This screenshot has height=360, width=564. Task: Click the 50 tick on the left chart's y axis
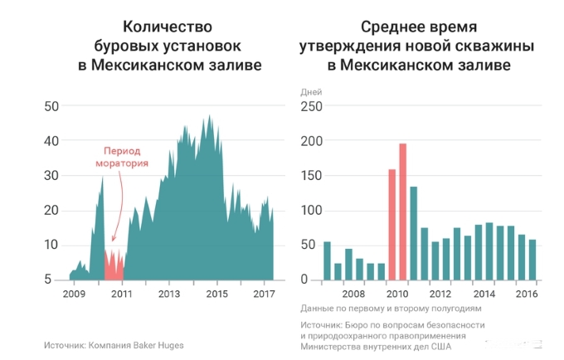pos(51,106)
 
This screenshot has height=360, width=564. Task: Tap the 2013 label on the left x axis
pos(169,294)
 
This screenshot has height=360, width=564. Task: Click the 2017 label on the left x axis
pos(264,294)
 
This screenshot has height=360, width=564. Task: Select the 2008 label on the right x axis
pos(353,294)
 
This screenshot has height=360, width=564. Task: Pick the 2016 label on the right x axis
pos(526,294)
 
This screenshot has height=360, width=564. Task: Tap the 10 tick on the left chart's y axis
pos(51,245)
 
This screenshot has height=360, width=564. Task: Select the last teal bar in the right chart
pos(532,260)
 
